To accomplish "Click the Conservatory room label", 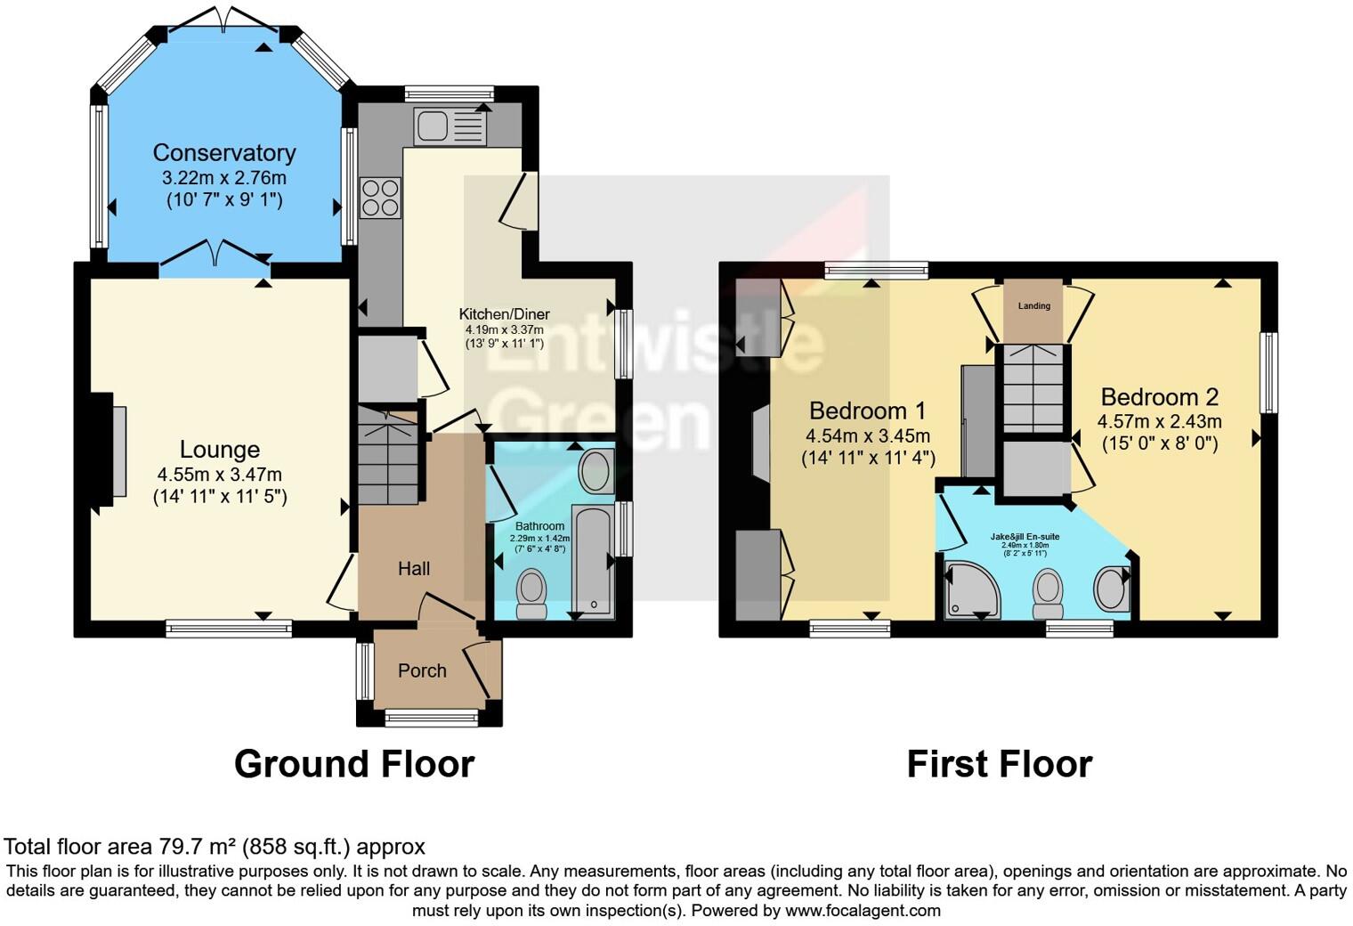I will [223, 152].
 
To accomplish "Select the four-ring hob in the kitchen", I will [380, 198].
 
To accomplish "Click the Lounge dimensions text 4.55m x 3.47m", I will [219, 475].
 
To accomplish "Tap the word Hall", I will [414, 568].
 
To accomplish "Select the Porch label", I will [422, 670].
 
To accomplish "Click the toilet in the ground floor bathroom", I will [532, 592].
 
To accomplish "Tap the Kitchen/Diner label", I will [504, 313].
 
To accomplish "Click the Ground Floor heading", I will [353, 764].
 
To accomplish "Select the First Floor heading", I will [999, 764].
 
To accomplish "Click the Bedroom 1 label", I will [867, 410].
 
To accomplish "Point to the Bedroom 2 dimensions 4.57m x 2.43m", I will [1159, 421].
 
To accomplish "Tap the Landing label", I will [1033, 305].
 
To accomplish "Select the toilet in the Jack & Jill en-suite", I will [1048, 592].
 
